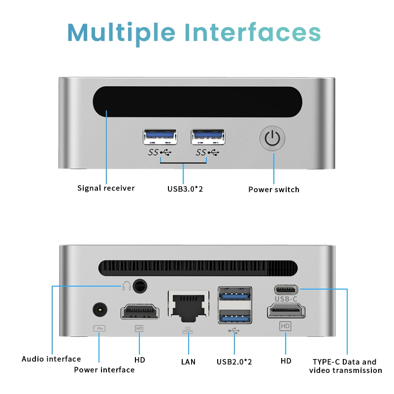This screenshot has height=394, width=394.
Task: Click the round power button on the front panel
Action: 272,138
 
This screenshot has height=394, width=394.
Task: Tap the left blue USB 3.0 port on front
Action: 160,136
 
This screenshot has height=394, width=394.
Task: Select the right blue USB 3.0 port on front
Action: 208,136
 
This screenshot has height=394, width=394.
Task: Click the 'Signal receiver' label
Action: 106,188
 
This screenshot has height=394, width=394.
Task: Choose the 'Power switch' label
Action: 273,189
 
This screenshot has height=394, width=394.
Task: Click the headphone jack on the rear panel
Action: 140,285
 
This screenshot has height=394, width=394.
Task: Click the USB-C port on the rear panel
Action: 286,289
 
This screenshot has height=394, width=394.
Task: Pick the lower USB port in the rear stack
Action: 235,317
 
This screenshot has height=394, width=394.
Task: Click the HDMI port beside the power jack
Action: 140,312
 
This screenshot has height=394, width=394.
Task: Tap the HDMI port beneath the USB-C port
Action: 286,311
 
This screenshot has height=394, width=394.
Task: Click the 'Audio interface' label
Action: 51,359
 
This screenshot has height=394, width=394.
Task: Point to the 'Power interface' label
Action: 104,370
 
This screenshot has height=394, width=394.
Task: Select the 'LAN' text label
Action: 188,362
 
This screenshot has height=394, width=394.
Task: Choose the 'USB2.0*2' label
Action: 234,362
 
